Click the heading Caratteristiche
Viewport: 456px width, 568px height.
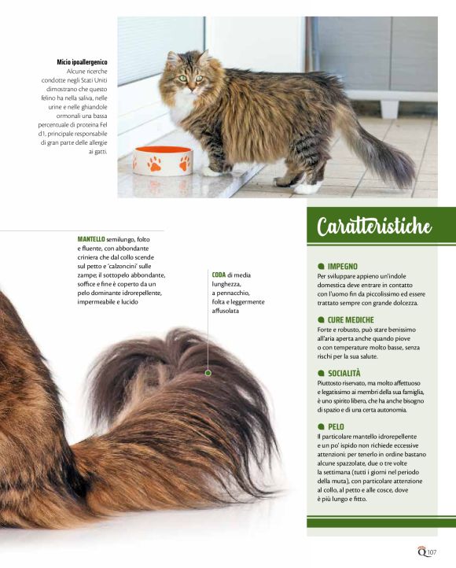click(x=374, y=226)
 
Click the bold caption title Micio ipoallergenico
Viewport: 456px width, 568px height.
click(x=82, y=62)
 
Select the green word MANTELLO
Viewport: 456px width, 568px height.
click(x=91, y=239)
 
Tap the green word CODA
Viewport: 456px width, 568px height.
click(x=219, y=275)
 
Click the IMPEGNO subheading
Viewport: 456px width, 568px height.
click(x=342, y=267)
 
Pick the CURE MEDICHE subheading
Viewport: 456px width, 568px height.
click(x=351, y=320)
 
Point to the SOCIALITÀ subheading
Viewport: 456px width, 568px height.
click(x=344, y=373)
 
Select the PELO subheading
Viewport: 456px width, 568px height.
click(x=336, y=426)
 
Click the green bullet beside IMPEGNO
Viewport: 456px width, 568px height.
click(x=321, y=267)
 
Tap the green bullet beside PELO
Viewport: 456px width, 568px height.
click(x=321, y=426)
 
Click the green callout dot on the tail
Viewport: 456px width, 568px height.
click(x=208, y=373)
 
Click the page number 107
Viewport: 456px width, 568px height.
click(x=432, y=552)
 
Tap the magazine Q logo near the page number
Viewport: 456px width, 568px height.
click(x=422, y=551)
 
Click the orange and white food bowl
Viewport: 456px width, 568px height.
click(x=163, y=160)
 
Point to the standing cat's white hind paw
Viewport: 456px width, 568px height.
click(x=307, y=187)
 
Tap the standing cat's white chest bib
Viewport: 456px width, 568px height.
click(x=182, y=105)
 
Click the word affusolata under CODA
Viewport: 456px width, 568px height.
click(x=226, y=311)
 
